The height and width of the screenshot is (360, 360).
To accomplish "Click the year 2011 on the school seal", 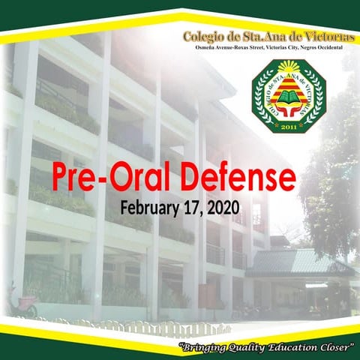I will pyautogui.click(x=288, y=127).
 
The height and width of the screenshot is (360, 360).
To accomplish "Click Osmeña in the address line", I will pyautogui.click(x=198, y=47).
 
